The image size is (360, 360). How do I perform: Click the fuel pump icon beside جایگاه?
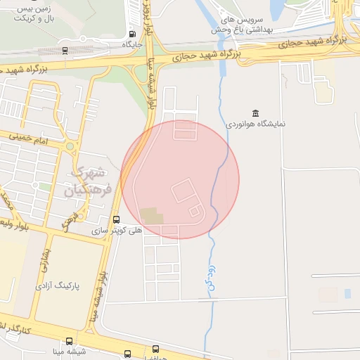point(132,34)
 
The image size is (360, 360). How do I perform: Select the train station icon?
point(65,50)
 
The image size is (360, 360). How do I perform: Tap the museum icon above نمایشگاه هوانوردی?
point(254,113)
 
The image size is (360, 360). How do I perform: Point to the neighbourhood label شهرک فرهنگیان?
point(89,181)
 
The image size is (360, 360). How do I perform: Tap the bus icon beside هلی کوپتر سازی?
point(116,219)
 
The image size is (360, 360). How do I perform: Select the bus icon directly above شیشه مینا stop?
point(127,354)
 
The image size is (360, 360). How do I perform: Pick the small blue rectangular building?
point(347,293)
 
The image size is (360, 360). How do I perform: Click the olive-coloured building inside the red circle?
point(150,215)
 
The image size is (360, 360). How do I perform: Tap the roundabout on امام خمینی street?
point(70,147)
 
